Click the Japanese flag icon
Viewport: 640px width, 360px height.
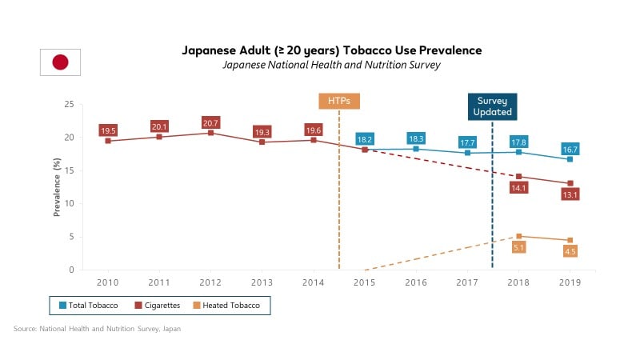tap(60, 62)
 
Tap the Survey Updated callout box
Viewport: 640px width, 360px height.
tap(493, 106)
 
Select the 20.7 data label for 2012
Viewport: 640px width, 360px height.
tap(211, 123)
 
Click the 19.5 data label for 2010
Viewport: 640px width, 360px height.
tap(109, 130)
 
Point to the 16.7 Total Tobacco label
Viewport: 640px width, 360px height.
tap(570, 149)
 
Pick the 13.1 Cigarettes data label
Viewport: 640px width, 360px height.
tap(570, 194)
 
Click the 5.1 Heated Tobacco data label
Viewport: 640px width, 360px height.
tap(519, 248)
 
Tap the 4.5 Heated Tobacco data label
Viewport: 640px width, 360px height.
tap(570, 251)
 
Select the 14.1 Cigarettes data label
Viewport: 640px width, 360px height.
tap(519, 188)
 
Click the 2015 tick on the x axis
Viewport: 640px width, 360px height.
tap(365, 282)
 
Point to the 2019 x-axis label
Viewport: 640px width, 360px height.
tap(570, 282)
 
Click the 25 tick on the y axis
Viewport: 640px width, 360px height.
tap(70, 104)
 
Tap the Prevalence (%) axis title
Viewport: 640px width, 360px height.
tap(57, 187)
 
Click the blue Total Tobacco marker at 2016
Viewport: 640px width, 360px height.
tap(416, 149)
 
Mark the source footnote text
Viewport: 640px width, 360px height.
tap(97, 329)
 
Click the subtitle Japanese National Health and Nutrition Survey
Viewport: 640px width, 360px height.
tap(333, 65)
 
